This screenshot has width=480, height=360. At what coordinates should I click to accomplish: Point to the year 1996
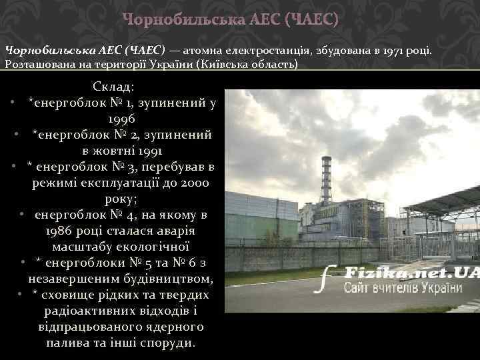121,119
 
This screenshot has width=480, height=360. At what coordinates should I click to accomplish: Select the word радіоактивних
87,311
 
